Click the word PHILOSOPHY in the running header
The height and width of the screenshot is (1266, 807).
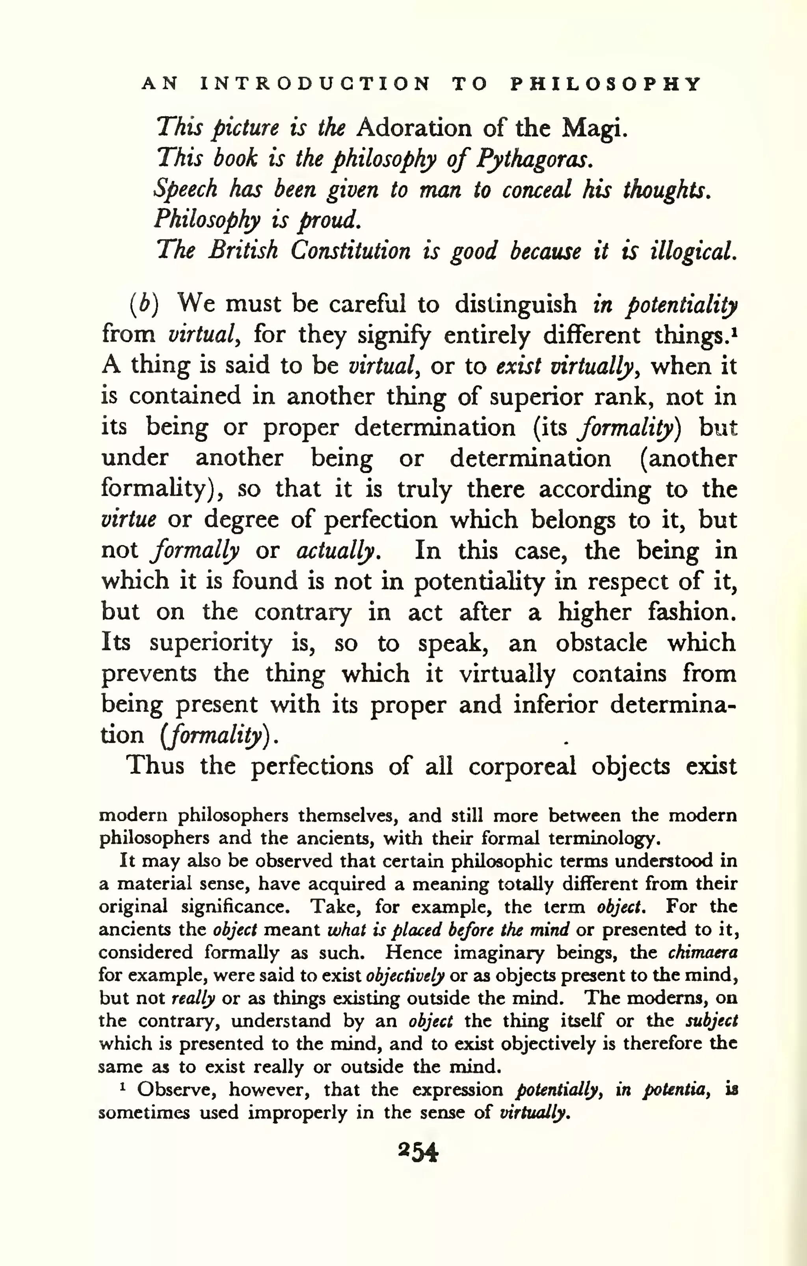click(x=606, y=84)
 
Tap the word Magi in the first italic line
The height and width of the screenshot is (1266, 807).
click(x=593, y=129)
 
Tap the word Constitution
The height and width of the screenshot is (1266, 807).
click(x=350, y=251)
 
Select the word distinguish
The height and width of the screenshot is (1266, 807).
click(x=515, y=304)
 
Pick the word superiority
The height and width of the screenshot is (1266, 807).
click(x=210, y=643)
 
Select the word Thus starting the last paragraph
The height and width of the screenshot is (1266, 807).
click(x=155, y=766)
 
